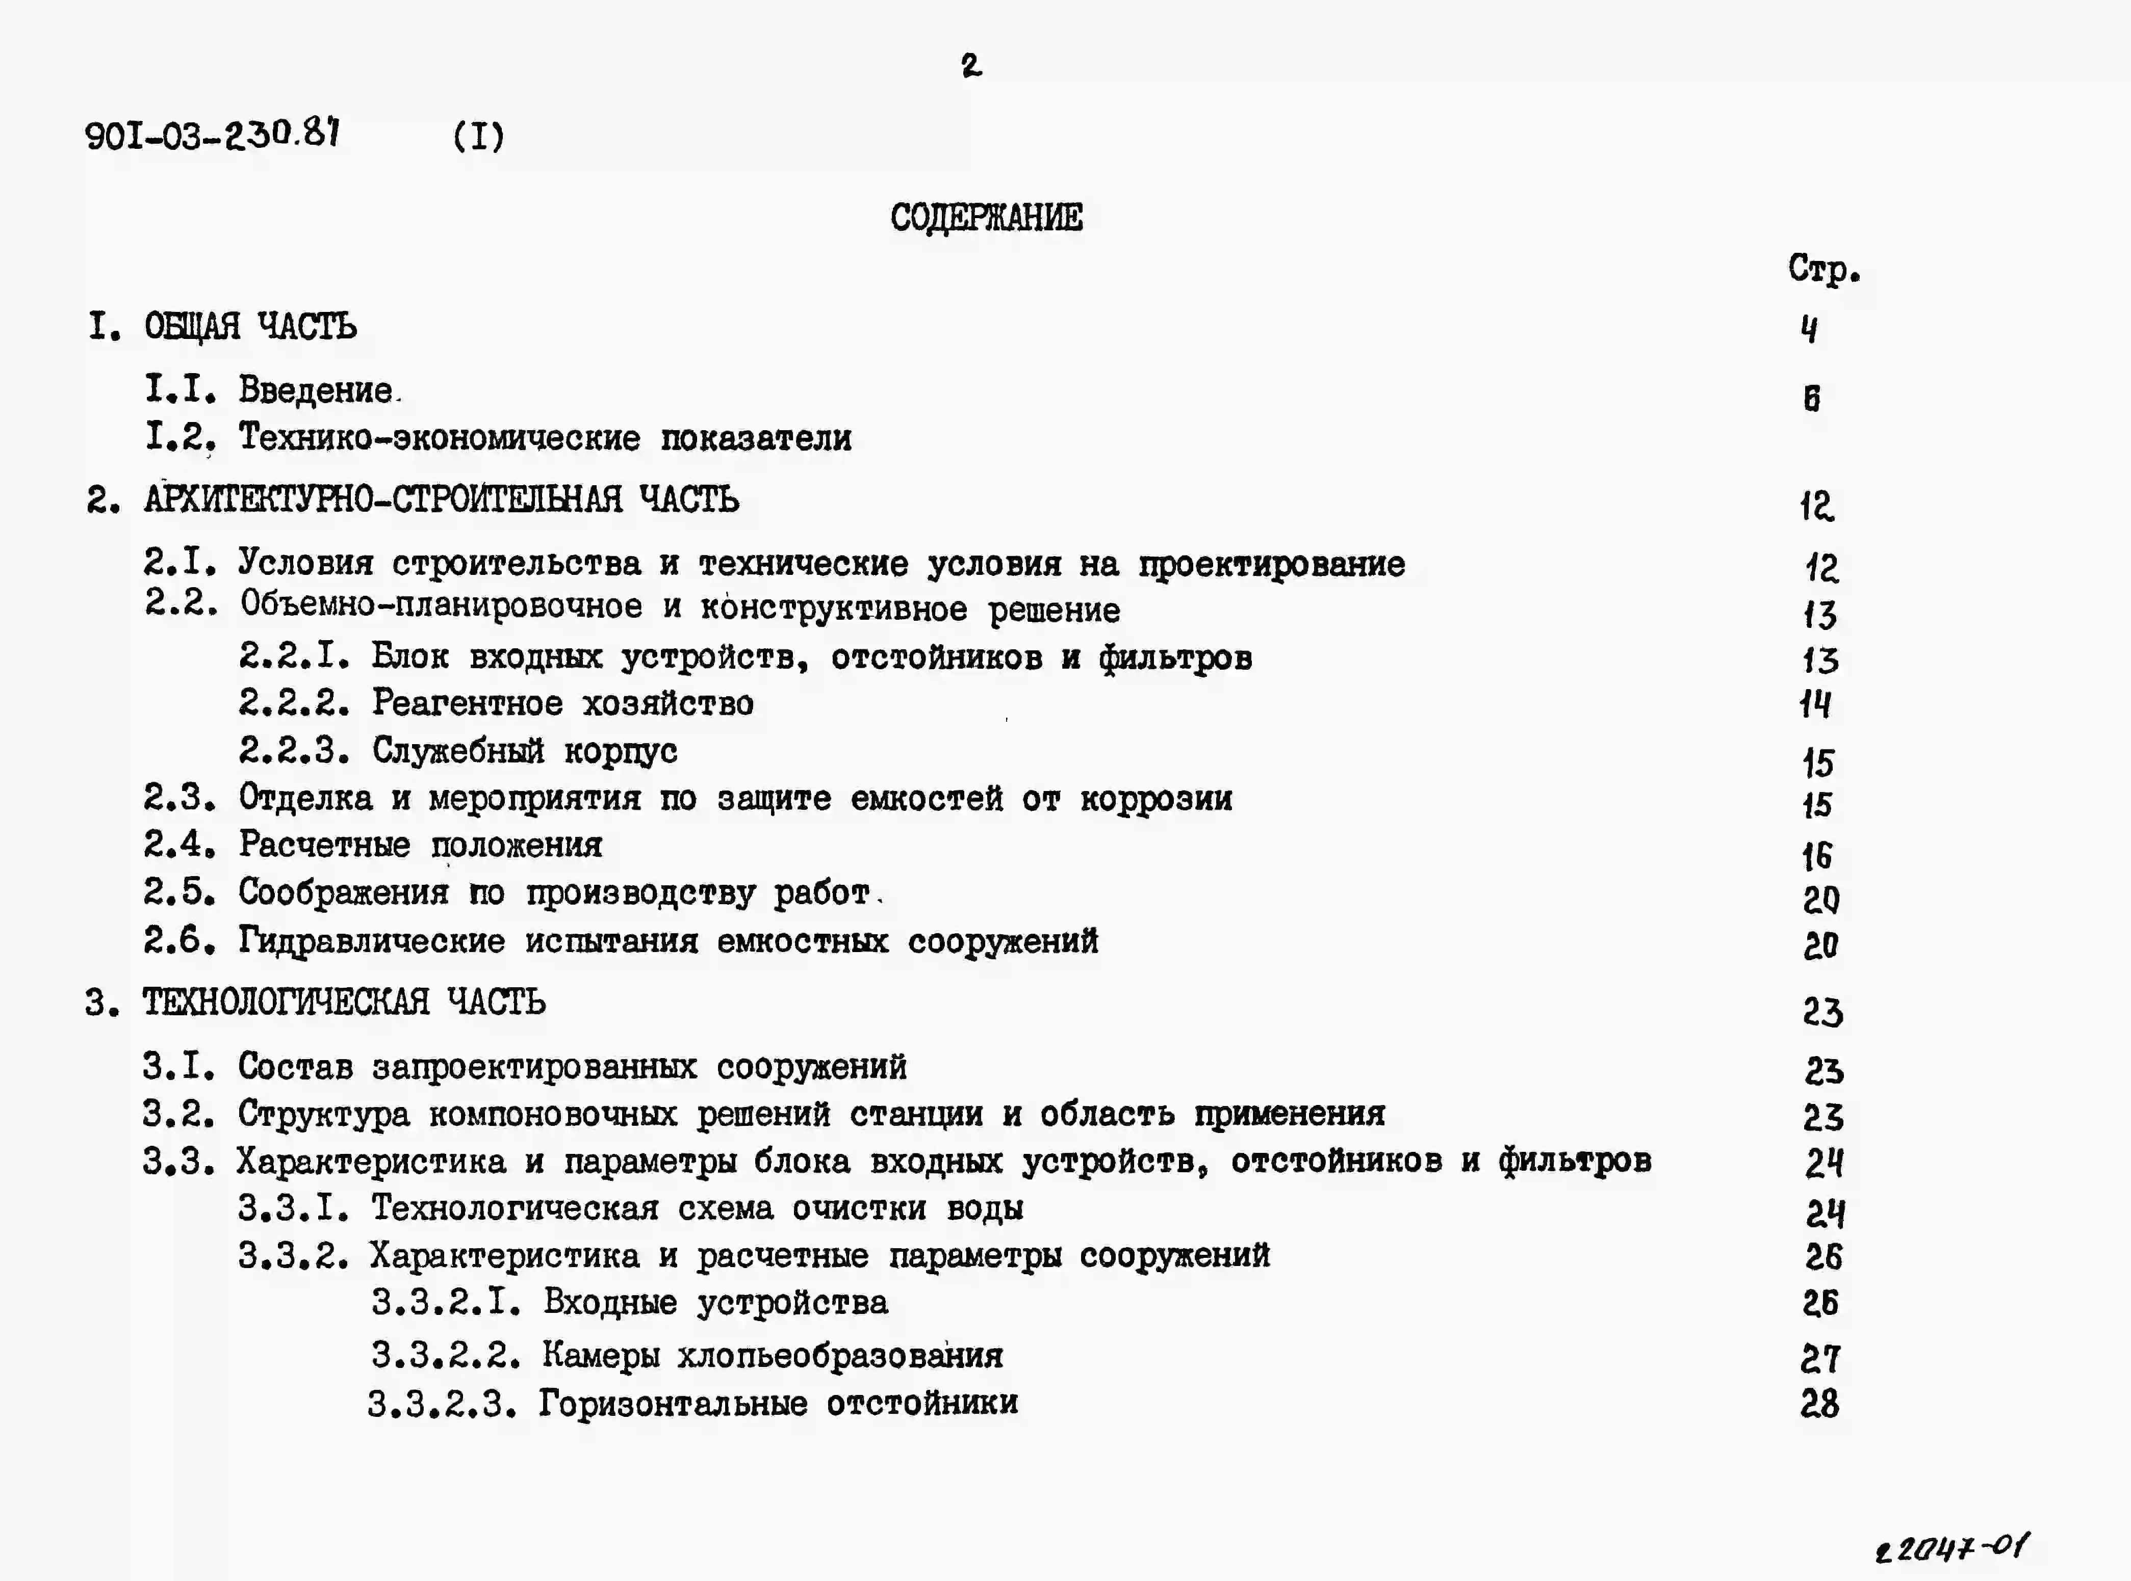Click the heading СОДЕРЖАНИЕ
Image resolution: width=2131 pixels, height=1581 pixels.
click(x=986, y=218)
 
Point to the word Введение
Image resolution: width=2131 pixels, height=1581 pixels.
click(x=316, y=390)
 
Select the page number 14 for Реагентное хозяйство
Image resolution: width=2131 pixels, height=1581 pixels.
click(x=1815, y=705)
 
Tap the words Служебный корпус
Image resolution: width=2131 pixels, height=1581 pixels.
click(x=525, y=751)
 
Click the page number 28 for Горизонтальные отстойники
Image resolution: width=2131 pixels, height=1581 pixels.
click(x=1819, y=1404)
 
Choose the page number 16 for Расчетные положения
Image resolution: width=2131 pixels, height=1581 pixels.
click(x=1816, y=856)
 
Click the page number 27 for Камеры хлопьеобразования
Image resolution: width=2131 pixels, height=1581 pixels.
click(x=1819, y=1358)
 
